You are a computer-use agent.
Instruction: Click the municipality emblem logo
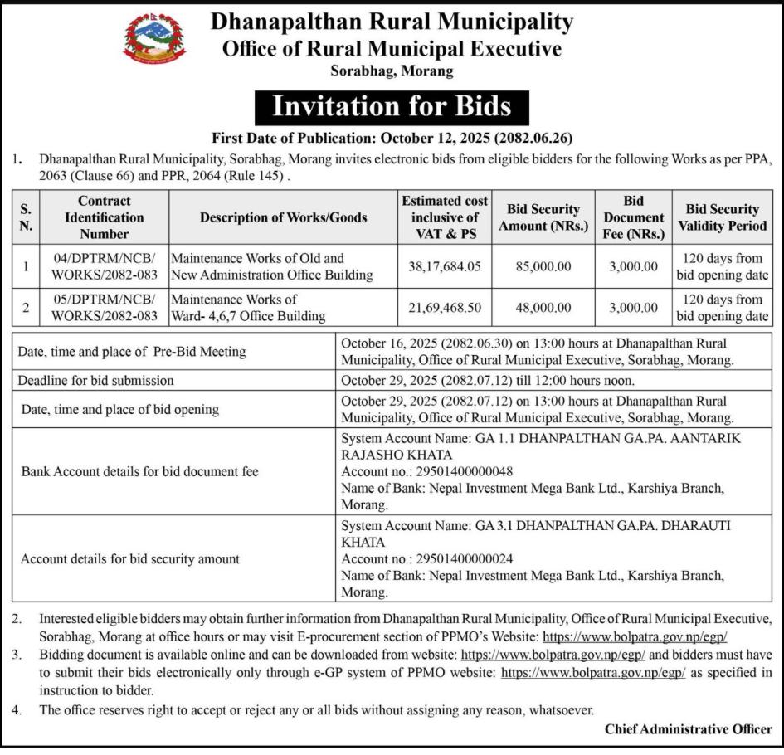[155, 38]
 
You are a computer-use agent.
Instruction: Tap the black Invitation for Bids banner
[392, 106]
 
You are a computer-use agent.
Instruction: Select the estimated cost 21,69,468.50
[444, 308]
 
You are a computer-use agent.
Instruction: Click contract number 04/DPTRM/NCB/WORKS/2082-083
[104, 267]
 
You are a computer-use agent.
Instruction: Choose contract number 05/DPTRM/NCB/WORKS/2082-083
[104, 308]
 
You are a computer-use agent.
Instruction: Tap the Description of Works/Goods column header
[283, 217]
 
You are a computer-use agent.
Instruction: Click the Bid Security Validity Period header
[722, 217]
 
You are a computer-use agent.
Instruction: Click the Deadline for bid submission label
[96, 381]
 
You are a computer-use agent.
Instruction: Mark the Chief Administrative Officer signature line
[688, 730]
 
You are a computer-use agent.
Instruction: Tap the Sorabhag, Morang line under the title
[392, 71]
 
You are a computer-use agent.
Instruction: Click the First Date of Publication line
[392, 138]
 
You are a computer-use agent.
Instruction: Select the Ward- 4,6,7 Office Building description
[249, 316]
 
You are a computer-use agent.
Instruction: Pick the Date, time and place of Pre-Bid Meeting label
[132, 352]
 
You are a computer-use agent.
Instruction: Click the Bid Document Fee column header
[635, 217]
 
